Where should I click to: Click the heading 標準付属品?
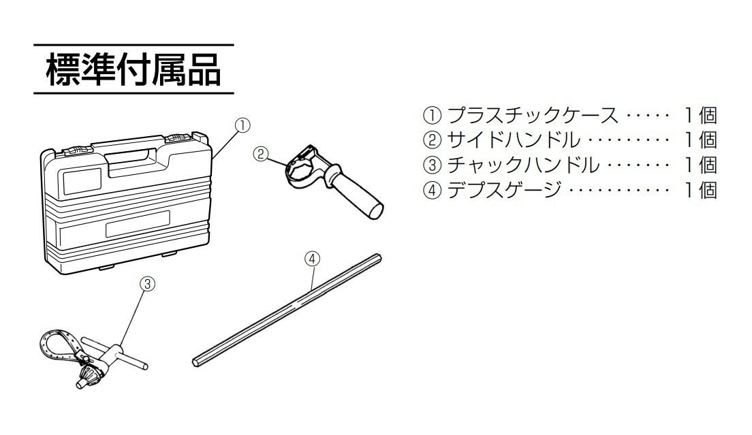pyautogui.click(x=133, y=70)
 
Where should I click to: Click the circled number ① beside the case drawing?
pyautogui.click(x=242, y=125)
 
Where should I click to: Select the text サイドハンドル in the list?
pyautogui.click(x=514, y=140)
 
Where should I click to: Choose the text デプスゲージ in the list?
pyautogui.click(x=505, y=189)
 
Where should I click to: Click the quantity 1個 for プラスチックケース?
pyautogui.click(x=701, y=115)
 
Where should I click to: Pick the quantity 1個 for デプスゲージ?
pyautogui.click(x=701, y=189)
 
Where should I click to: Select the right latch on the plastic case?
pyautogui.click(x=178, y=138)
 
